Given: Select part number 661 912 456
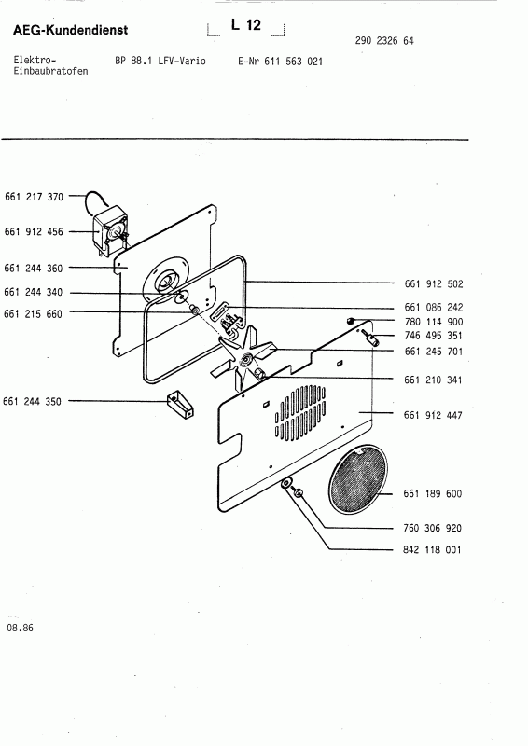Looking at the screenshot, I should (34, 231).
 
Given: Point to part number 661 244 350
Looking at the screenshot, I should (34, 401).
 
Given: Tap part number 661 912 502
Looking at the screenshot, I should (433, 283).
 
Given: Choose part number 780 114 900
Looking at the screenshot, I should (433, 321).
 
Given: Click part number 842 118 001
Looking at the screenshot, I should (433, 550).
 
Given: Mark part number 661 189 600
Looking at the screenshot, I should (433, 493).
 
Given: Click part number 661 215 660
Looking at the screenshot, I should (34, 313).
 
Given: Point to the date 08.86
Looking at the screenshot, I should (20, 628).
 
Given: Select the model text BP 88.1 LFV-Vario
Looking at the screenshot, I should (154, 61).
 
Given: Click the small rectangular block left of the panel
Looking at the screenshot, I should (174, 406).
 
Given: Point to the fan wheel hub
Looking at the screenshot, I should (246, 360).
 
